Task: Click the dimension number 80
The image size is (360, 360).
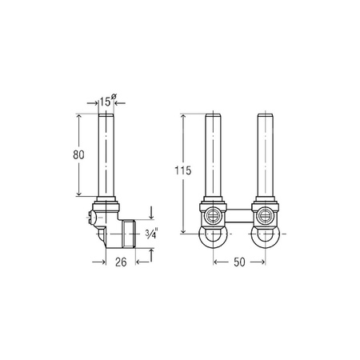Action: pyautogui.click(x=70, y=155)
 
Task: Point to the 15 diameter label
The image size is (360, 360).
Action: pyautogui.click(x=106, y=102)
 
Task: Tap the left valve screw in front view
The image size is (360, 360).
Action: pyautogui.click(x=212, y=215)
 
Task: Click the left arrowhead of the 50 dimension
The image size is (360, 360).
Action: pyautogui.click(x=216, y=260)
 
